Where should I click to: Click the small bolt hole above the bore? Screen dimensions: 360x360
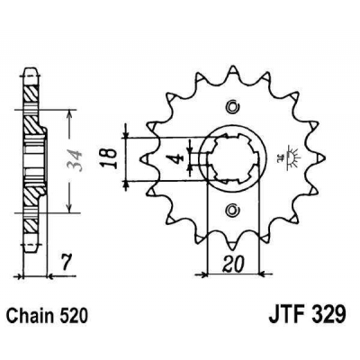pyautogui.click(x=232, y=104)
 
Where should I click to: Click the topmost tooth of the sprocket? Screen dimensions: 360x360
pyautogui.click(x=233, y=70)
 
